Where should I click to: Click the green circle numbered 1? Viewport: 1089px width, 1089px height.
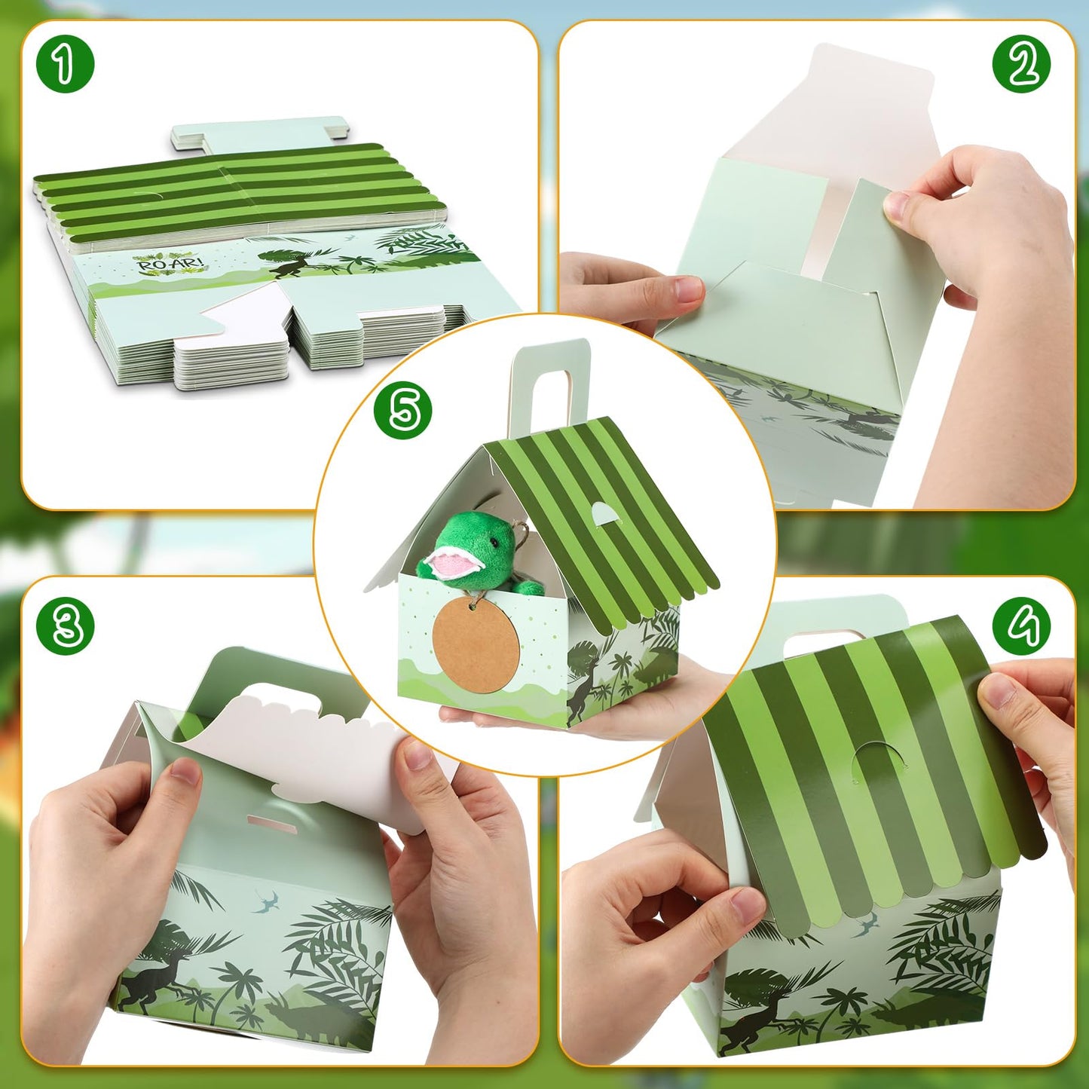tap(66, 63)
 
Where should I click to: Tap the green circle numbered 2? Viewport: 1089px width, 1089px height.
tap(1021, 63)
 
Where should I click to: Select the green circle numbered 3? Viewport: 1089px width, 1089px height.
tap(66, 625)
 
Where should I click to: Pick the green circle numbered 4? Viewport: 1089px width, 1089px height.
tap(1021, 625)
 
